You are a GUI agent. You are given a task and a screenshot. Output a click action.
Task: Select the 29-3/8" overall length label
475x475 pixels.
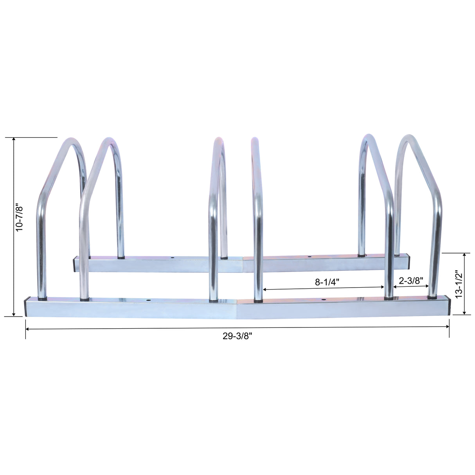[238, 336]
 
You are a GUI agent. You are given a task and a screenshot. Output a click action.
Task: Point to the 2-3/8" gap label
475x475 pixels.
[411, 280]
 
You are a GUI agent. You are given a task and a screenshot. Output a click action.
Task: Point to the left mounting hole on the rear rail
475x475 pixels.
[172, 258]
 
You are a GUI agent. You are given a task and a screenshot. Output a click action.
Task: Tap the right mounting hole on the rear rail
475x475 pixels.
[309, 257]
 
